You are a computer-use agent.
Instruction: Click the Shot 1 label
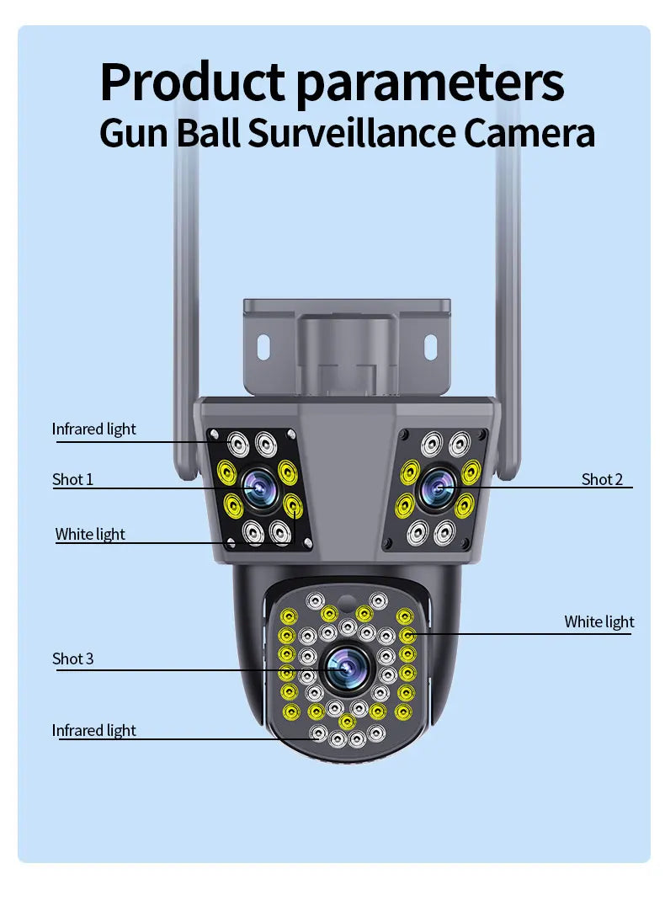pyautogui.click(x=72, y=479)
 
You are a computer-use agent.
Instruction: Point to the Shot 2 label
pyautogui.click(x=602, y=479)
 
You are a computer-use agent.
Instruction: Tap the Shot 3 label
pyautogui.click(x=72, y=658)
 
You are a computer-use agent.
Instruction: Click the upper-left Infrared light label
pyautogui.click(x=93, y=429)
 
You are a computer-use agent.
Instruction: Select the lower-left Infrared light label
pyautogui.click(x=93, y=730)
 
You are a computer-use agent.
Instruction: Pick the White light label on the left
pyautogui.click(x=90, y=534)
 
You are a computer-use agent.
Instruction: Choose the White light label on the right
pyautogui.click(x=598, y=621)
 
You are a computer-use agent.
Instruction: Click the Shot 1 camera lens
pyautogui.click(x=256, y=488)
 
